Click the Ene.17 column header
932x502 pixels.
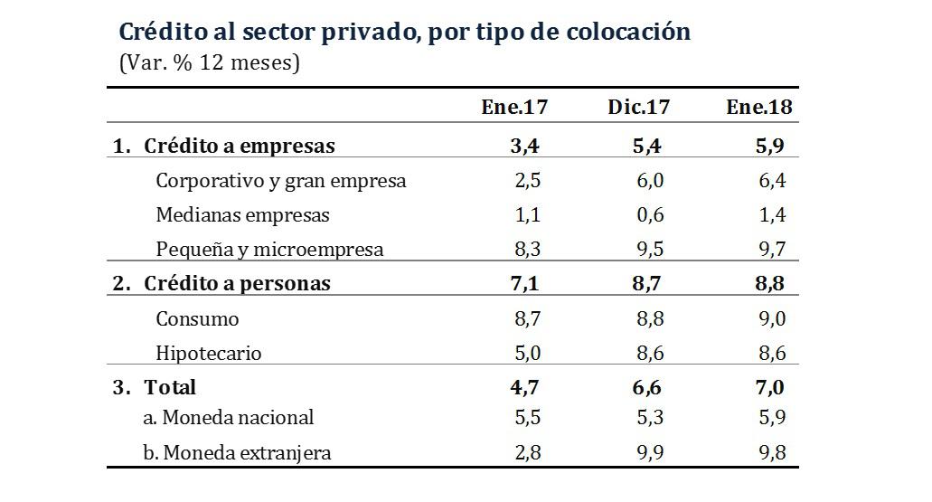(x=514, y=108)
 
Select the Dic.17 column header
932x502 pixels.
(x=638, y=108)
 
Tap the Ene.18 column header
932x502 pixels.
(x=759, y=108)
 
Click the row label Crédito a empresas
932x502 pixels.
(x=239, y=147)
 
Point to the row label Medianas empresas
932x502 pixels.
(x=242, y=215)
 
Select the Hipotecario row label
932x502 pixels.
(x=208, y=354)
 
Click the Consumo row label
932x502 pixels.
(x=197, y=319)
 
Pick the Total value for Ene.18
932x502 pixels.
(x=770, y=388)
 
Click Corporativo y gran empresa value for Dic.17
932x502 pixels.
(x=649, y=181)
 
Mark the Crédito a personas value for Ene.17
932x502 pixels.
(x=525, y=284)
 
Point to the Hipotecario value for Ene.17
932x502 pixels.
(x=527, y=354)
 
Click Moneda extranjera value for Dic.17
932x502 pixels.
(x=649, y=453)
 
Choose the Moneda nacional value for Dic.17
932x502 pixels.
(x=649, y=418)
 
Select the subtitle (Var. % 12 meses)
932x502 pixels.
(x=209, y=64)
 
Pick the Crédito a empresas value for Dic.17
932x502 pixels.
(x=647, y=147)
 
